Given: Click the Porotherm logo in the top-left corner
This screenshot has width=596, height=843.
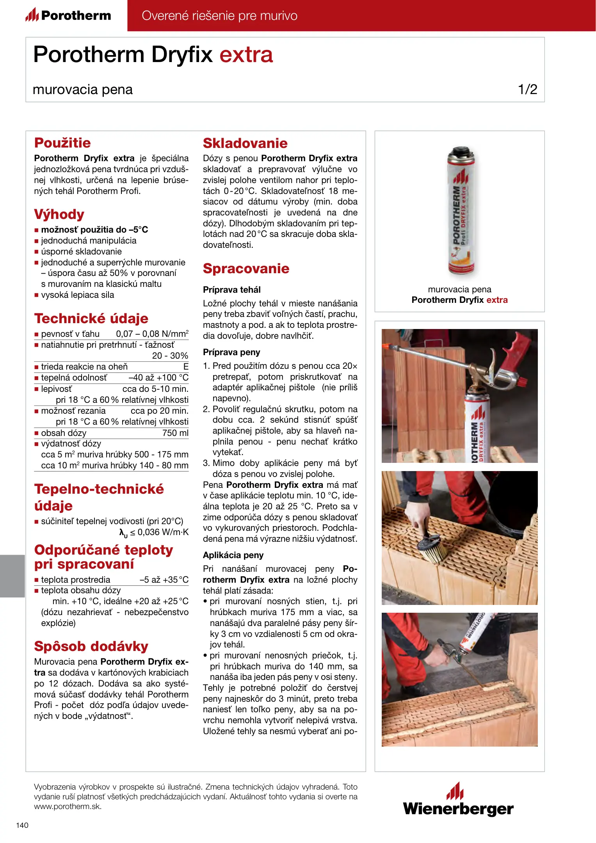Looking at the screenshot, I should [68, 16].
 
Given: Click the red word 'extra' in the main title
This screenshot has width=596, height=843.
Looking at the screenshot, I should [246, 55].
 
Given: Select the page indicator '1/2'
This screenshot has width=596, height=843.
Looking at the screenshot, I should [527, 89].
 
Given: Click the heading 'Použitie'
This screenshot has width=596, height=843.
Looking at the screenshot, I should [62, 143].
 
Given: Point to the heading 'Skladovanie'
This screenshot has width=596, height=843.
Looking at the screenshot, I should [245, 143].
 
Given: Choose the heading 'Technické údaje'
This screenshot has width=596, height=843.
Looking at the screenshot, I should [91, 318].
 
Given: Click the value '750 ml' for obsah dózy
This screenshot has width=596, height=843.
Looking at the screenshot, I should [175, 433].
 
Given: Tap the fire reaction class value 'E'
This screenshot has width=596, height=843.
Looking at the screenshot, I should [186, 366].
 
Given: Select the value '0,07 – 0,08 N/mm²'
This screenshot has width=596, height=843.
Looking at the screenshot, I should [152, 334].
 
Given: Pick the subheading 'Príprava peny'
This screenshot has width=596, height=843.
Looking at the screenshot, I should [231, 352].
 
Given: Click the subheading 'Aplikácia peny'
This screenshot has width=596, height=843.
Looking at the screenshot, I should [233, 555].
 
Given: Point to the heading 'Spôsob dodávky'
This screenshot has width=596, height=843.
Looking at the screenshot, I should [91, 646].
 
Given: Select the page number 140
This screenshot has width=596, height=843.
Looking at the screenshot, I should [22, 825].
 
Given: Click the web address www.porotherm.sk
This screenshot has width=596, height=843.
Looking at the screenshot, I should [68, 807].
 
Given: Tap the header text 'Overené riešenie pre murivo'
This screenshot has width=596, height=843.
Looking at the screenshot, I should [219, 16].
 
